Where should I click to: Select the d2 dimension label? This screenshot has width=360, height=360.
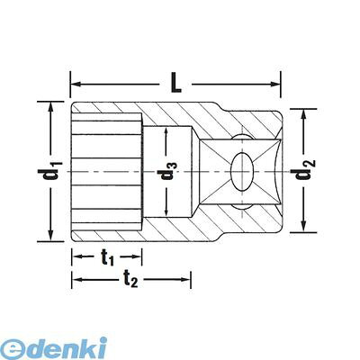tap(305, 171)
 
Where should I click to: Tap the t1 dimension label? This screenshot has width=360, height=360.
tap(107, 257)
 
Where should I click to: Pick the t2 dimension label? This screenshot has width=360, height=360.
tap(130, 280)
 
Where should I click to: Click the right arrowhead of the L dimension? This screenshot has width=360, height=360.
tap(274, 85)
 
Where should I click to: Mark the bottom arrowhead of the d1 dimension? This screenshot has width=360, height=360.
tap(50, 235)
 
